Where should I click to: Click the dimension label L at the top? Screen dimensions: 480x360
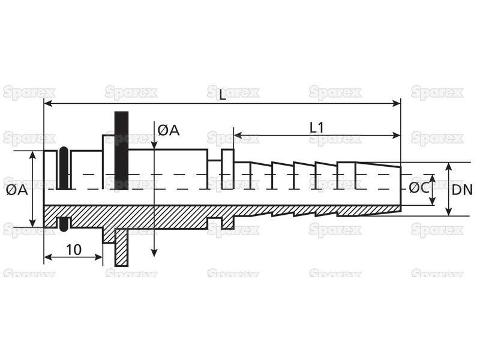point(222,95)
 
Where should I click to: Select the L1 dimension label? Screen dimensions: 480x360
point(316,128)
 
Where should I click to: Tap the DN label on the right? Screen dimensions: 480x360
point(462,190)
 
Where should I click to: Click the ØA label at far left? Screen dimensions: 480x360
point(17,190)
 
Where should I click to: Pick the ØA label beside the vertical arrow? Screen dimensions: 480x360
point(169,130)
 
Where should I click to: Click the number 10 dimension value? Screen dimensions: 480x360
point(74,250)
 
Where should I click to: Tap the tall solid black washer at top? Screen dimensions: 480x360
point(122,151)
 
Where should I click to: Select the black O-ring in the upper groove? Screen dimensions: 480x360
point(64,168)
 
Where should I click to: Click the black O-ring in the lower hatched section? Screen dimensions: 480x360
point(64,224)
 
